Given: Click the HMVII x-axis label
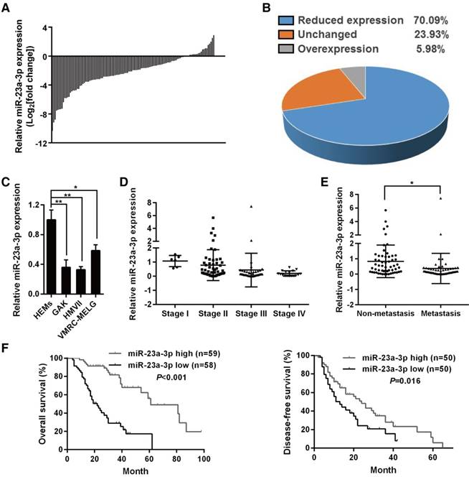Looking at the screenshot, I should (78, 311).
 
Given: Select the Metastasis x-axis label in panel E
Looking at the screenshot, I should (422, 313).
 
